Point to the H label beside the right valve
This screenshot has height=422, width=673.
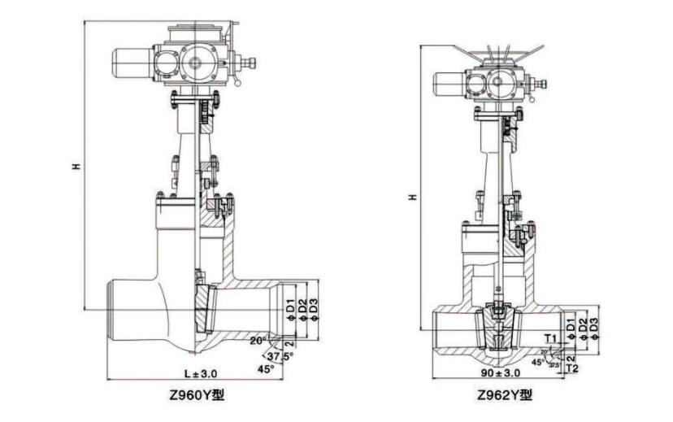[x=413, y=197]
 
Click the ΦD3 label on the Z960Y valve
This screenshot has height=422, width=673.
[x=313, y=310]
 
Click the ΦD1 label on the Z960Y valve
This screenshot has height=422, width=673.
[x=290, y=310]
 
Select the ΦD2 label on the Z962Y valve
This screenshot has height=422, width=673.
[x=582, y=328]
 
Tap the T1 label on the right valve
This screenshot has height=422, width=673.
[x=550, y=336]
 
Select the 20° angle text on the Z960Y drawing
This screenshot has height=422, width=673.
[x=258, y=339]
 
